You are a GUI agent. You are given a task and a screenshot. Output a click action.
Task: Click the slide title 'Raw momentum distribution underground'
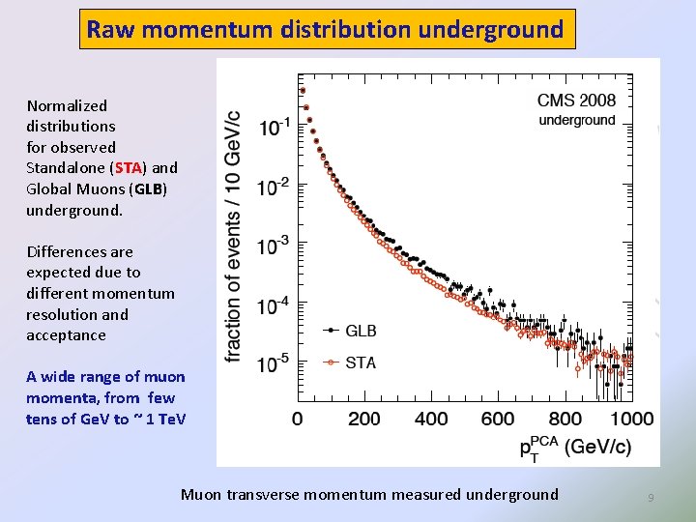tap(326, 29)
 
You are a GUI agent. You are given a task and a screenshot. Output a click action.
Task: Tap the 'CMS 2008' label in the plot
tap(576, 100)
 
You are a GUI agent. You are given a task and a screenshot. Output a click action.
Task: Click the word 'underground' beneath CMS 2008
tap(576, 120)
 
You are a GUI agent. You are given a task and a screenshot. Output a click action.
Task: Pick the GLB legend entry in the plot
tap(352, 331)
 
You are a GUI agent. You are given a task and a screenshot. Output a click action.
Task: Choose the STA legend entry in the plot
tap(352, 362)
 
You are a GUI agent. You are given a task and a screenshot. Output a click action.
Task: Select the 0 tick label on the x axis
tap(298, 419)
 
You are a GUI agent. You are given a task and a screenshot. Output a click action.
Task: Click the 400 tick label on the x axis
tap(431, 419)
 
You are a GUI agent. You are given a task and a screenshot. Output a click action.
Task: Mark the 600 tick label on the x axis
tap(498, 419)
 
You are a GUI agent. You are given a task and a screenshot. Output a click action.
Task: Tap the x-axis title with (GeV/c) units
tap(574, 447)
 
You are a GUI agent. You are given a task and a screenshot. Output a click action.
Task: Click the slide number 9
tap(651, 497)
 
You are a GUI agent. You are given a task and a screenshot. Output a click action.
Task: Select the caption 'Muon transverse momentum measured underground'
tap(369, 494)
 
